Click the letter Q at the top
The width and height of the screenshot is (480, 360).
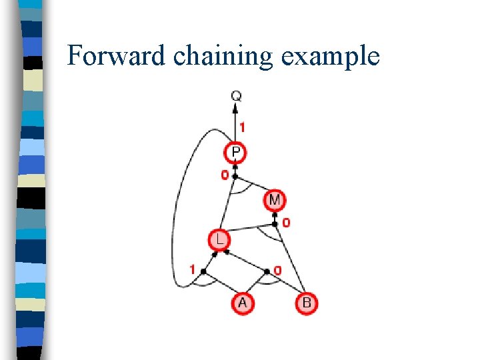click(x=237, y=96)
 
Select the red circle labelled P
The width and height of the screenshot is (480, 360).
click(x=236, y=153)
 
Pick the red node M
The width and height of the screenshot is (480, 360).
click(x=275, y=199)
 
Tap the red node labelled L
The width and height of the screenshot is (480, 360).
click(x=218, y=239)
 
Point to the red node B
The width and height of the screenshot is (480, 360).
click(x=306, y=303)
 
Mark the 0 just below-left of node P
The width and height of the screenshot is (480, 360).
click(x=225, y=175)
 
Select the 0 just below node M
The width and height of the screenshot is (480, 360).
click(x=286, y=223)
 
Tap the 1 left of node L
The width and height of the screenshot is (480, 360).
click(x=192, y=270)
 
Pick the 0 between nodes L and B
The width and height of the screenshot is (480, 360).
click(x=278, y=270)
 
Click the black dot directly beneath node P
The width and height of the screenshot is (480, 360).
click(x=235, y=176)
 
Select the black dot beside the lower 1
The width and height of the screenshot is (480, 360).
click(x=203, y=271)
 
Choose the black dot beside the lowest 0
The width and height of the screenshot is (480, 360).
click(x=267, y=271)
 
